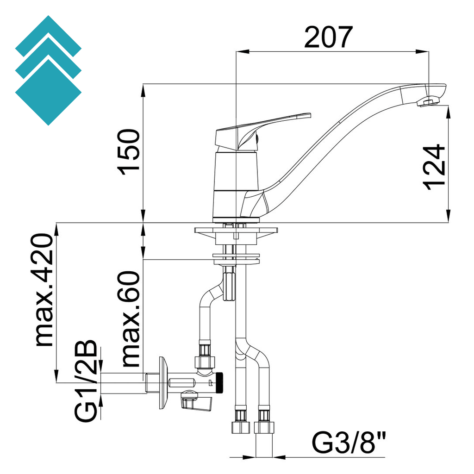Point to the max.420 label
point(44,290)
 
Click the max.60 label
point(131,318)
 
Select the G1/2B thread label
point(87,381)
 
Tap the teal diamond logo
point(48,70)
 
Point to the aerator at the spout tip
point(428,102)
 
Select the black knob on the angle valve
point(222,382)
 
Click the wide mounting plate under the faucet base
point(237,230)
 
